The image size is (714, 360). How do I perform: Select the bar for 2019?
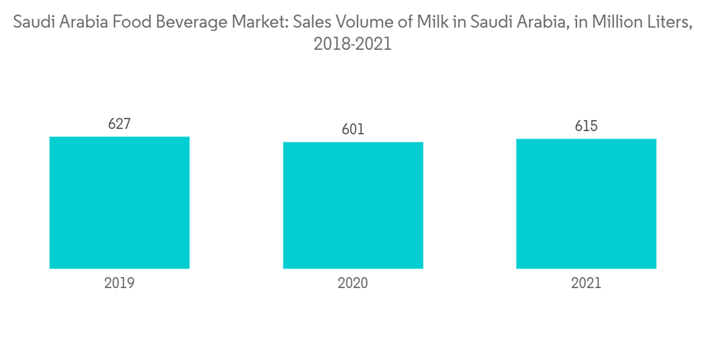(x=119, y=202)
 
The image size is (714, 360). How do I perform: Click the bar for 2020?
(x=353, y=205)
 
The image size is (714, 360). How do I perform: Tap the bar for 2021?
(x=586, y=204)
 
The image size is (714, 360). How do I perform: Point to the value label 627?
(x=119, y=124)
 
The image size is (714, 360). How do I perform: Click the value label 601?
(x=353, y=129)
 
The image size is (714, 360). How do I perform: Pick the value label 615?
(x=586, y=126)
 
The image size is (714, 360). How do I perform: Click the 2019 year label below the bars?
(x=119, y=283)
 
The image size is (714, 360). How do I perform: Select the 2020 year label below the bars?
(x=353, y=283)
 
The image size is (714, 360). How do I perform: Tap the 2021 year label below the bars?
(x=586, y=283)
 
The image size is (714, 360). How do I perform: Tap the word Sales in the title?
(x=313, y=24)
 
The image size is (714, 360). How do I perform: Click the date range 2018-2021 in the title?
(x=353, y=44)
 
